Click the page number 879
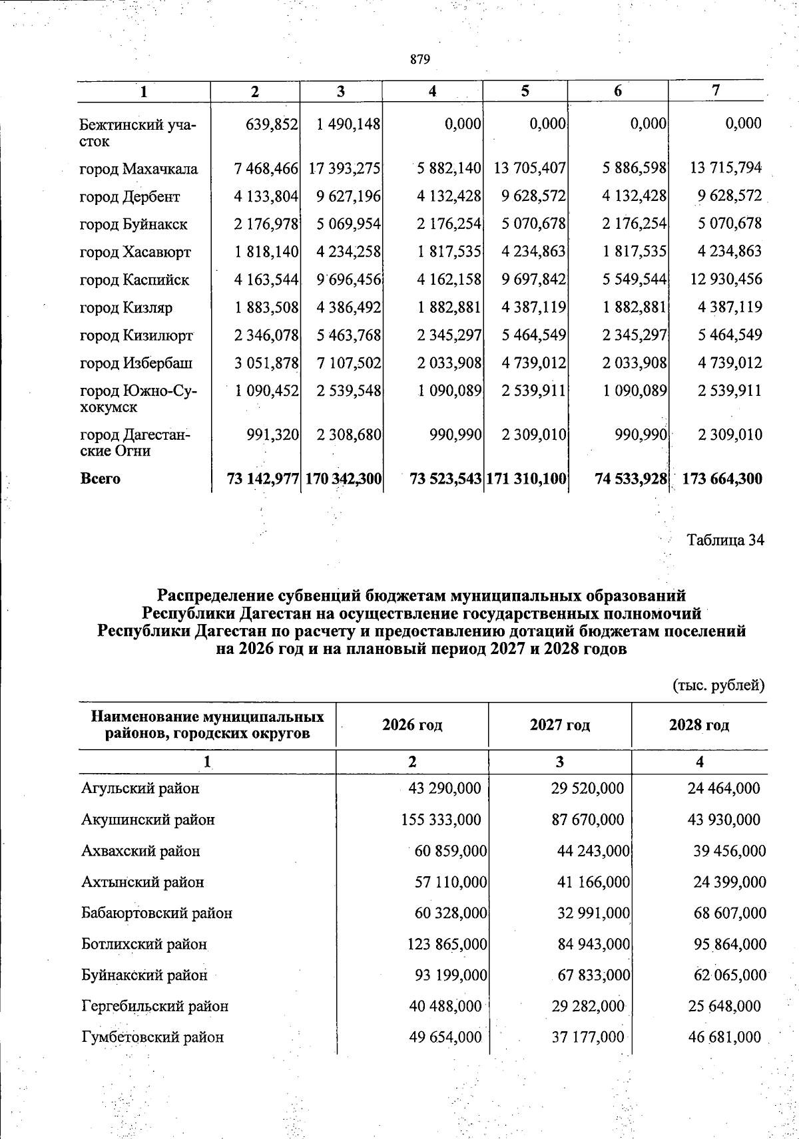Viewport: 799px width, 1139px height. pyautogui.click(x=420, y=59)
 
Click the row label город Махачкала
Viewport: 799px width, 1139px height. pyautogui.click(x=138, y=169)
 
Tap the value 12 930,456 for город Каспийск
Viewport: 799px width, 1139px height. pyautogui.click(x=726, y=279)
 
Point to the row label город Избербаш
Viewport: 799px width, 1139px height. pyautogui.click(x=136, y=363)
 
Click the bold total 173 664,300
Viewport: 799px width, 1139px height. pyautogui.click(x=722, y=478)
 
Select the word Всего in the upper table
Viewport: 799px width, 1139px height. pyautogui.click(x=100, y=478)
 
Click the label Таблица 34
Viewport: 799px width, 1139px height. pyautogui.click(x=725, y=540)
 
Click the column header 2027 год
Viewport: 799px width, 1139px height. pyautogui.click(x=559, y=725)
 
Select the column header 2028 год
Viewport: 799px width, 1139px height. pyautogui.click(x=698, y=725)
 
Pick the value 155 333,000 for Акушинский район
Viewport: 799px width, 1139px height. pyautogui.click(x=441, y=820)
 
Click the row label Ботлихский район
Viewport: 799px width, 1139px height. pyautogui.click(x=144, y=944)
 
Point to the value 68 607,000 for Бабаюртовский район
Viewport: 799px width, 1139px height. pyautogui.click(x=730, y=913)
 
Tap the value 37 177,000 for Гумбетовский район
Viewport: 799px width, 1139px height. pyautogui.click(x=588, y=1037)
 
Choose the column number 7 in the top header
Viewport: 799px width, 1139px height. pyautogui.click(x=715, y=91)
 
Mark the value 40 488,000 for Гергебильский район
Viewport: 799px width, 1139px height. pyautogui.click(x=445, y=1006)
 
